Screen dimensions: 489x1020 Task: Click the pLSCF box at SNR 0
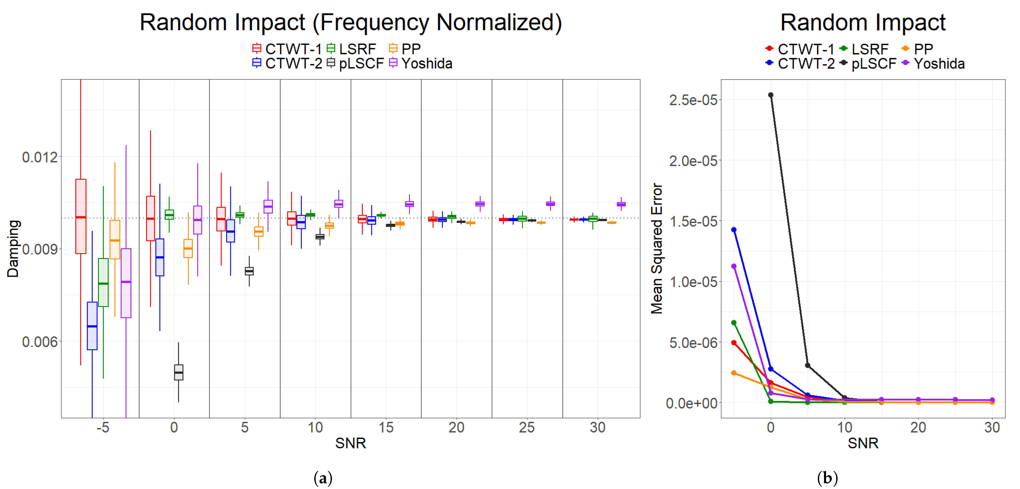coord(179,372)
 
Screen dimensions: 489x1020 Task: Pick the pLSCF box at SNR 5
coord(249,271)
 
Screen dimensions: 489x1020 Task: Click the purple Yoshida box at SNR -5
coord(126,283)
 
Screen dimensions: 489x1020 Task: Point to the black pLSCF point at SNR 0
coord(771,95)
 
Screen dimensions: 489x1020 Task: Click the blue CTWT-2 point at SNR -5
coord(734,230)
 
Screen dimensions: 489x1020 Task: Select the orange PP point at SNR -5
coord(734,373)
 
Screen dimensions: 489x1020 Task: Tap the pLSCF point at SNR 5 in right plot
coord(808,365)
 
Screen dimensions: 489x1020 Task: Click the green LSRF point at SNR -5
coord(734,323)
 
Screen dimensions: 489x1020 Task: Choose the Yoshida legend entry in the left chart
coord(421,63)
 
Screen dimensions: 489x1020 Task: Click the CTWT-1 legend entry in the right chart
coord(800,49)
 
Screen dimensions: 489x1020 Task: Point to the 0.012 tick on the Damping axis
coord(40,157)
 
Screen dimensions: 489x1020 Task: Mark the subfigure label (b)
coord(827,478)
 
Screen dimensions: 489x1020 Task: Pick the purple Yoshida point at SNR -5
coord(734,266)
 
